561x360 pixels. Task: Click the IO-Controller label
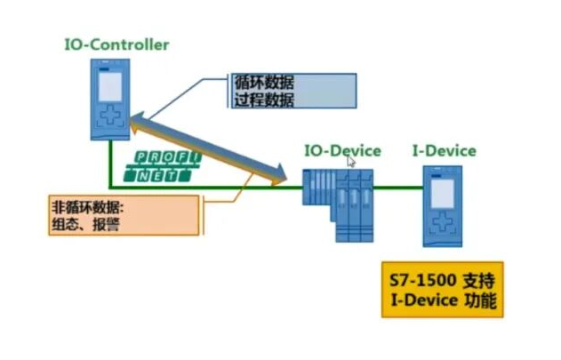click(x=116, y=44)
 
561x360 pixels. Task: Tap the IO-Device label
click(x=342, y=150)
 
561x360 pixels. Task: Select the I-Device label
click(x=444, y=150)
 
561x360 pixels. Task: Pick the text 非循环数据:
click(x=89, y=209)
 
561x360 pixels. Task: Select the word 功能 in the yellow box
click(x=478, y=300)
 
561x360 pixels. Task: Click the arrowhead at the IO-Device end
click(x=284, y=180)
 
